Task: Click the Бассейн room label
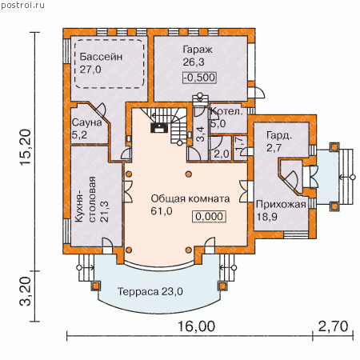(101, 57)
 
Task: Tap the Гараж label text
(198, 50)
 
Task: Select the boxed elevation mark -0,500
(199, 78)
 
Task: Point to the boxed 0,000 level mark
(209, 217)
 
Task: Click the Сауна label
(87, 122)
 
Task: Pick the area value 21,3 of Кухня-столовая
(105, 212)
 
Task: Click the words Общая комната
(190, 198)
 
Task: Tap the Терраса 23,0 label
(150, 291)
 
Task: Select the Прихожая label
(281, 205)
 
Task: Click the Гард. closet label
(279, 135)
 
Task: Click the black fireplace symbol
(159, 128)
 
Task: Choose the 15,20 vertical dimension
(26, 147)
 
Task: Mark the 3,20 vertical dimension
(26, 291)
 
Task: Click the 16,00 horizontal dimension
(196, 326)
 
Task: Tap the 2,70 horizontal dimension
(334, 326)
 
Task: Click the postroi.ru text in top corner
(22, 5)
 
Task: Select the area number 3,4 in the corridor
(201, 134)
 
